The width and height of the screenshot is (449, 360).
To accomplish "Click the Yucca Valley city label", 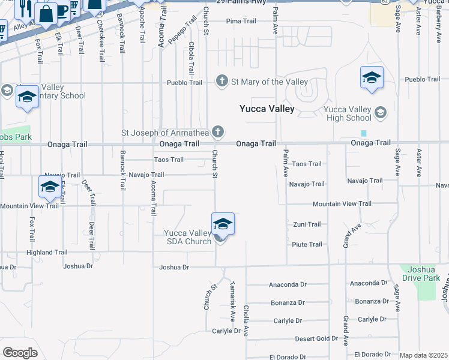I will click(x=267, y=109).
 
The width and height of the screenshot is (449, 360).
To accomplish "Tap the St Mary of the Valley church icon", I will click(x=222, y=82).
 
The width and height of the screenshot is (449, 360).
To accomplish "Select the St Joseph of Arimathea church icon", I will click(x=219, y=131).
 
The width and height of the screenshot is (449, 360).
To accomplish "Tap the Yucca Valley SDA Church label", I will click(x=188, y=237).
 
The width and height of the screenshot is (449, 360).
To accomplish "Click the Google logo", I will click(x=20, y=352).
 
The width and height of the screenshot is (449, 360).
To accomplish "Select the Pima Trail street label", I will click(x=241, y=21).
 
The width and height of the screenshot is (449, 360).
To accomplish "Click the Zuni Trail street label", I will click(x=307, y=224).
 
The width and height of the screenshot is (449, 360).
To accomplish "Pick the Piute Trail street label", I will click(x=307, y=244).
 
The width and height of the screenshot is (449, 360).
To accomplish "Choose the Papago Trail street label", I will click(x=181, y=31).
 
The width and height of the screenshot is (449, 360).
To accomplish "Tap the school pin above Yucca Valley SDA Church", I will click(x=223, y=224).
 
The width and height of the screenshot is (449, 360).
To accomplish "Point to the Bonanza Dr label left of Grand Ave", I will click(x=288, y=303).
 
